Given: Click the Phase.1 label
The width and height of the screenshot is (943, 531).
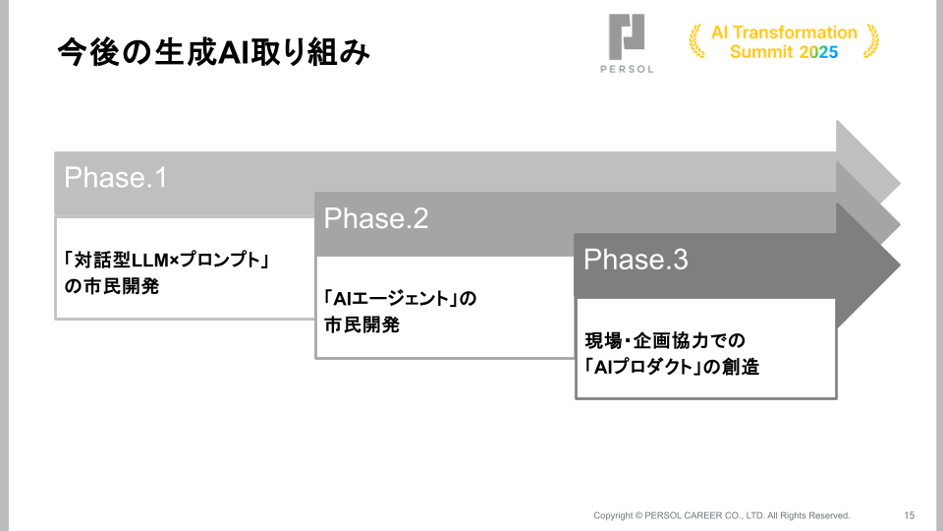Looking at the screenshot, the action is coord(116,178).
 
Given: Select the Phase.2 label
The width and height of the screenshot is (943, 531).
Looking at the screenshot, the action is coord(376,218).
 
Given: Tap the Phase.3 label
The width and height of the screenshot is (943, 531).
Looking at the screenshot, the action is coord(636,260).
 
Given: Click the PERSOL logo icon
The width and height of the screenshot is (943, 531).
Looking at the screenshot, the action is coord(626,36).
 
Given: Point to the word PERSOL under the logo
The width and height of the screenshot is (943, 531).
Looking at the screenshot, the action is coord(627,69).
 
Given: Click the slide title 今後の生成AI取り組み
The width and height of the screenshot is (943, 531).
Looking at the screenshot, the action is coord(213,52).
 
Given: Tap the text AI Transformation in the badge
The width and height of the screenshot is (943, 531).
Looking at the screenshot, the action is coord(784,32).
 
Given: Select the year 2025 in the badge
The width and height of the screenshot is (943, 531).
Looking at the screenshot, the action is coord(818,52).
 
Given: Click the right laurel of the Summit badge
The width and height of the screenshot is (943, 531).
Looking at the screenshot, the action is coord(871,41).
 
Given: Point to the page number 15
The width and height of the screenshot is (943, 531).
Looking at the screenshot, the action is coord(910,515).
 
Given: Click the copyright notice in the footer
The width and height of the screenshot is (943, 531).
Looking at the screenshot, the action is coord(722,515).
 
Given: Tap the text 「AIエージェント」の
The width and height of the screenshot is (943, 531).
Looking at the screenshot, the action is coord(400,299).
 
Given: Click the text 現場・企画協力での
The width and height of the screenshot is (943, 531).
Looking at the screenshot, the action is coord(665,341).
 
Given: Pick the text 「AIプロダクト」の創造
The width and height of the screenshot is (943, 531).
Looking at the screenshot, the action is coord(672,367).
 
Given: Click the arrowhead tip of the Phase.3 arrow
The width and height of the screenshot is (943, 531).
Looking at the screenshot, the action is coord(900,265).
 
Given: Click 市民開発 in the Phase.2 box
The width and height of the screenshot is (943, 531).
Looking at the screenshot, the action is coord(362,325).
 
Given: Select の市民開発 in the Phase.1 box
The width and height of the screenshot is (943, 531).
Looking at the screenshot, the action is coord(112,286).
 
